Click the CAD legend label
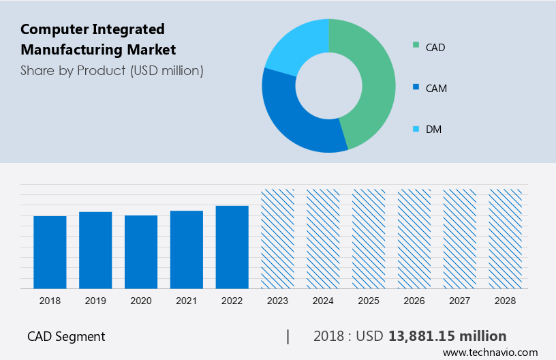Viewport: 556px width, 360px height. click(435, 47)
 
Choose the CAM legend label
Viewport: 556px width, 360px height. click(436, 88)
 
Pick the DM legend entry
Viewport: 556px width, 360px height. click(433, 129)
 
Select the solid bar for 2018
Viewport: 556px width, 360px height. click(50, 252)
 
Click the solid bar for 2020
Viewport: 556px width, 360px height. click(141, 252)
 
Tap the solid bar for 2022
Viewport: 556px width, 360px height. click(232, 247)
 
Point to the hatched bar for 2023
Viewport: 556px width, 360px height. click(278, 239)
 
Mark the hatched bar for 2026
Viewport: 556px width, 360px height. click(414, 239)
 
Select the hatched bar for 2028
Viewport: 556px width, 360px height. click(506, 239)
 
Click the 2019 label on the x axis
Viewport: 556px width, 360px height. click(95, 301)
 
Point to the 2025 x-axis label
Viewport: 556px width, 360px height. click(369, 301)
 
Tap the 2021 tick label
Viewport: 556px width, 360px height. click(187, 301)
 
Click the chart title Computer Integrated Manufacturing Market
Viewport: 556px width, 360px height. click(98, 39)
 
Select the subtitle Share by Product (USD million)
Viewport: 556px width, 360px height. click(112, 70)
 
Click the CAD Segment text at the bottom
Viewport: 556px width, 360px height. click(66, 336)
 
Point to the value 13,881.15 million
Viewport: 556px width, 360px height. click(447, 336)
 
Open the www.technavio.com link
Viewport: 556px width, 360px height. click(490, 352)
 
